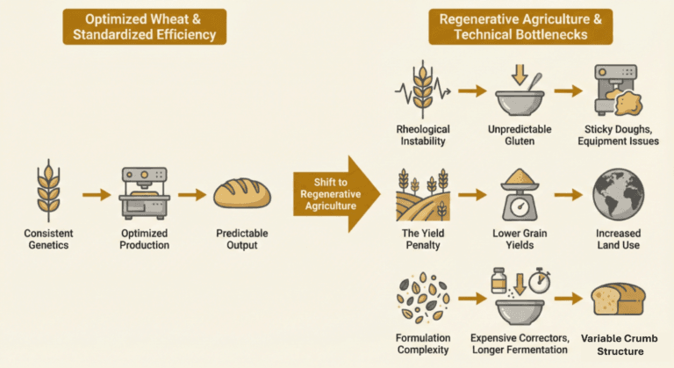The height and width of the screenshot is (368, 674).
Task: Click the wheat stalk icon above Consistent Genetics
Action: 47,190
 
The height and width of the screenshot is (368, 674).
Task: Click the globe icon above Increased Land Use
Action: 619,194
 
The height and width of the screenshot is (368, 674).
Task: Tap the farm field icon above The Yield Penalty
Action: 420,194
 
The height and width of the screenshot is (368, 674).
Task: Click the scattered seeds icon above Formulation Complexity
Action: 420,299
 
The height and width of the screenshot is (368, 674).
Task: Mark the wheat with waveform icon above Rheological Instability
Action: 420,91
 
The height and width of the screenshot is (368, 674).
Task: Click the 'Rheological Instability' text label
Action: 420,137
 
